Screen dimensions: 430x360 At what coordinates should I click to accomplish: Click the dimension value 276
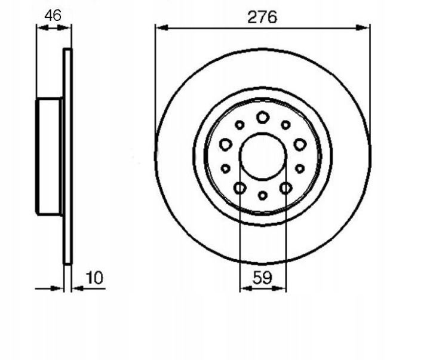click(262, 17)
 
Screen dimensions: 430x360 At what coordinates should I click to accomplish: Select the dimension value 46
click(53, 16)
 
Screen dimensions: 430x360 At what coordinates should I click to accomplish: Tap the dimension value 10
click(94, 278)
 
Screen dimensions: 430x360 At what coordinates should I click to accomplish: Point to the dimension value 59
click(262, 278)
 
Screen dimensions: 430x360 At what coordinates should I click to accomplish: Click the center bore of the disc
click(263, 156)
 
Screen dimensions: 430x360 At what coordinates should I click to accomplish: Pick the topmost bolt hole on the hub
click(263, 118)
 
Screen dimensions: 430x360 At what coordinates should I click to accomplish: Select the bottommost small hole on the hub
click(263, 195)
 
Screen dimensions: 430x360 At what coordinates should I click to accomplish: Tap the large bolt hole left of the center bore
click(226, 144)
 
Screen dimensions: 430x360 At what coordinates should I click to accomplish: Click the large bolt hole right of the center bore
click(300, 144)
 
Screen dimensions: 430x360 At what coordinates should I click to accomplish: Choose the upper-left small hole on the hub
click(239, 125)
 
